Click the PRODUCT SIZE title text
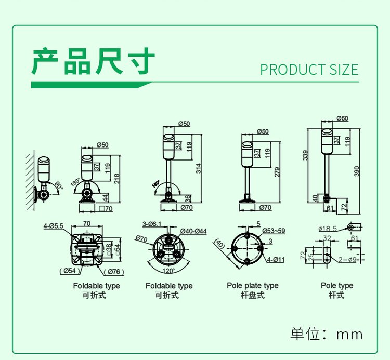pos(309,70)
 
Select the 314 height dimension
pos(199,167)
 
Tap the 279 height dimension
pos(277,172)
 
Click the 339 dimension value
pos(306,155)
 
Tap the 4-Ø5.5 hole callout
pos(54,225)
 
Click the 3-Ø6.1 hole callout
pos(153,224)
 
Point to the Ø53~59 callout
pos(272,230)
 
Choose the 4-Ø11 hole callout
pos(275,259)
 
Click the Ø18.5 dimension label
pos(328,228)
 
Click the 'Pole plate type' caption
pos(252,286)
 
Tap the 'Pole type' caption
pos(337,286)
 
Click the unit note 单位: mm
pos(326,334)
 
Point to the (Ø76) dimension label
pos(113,272)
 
